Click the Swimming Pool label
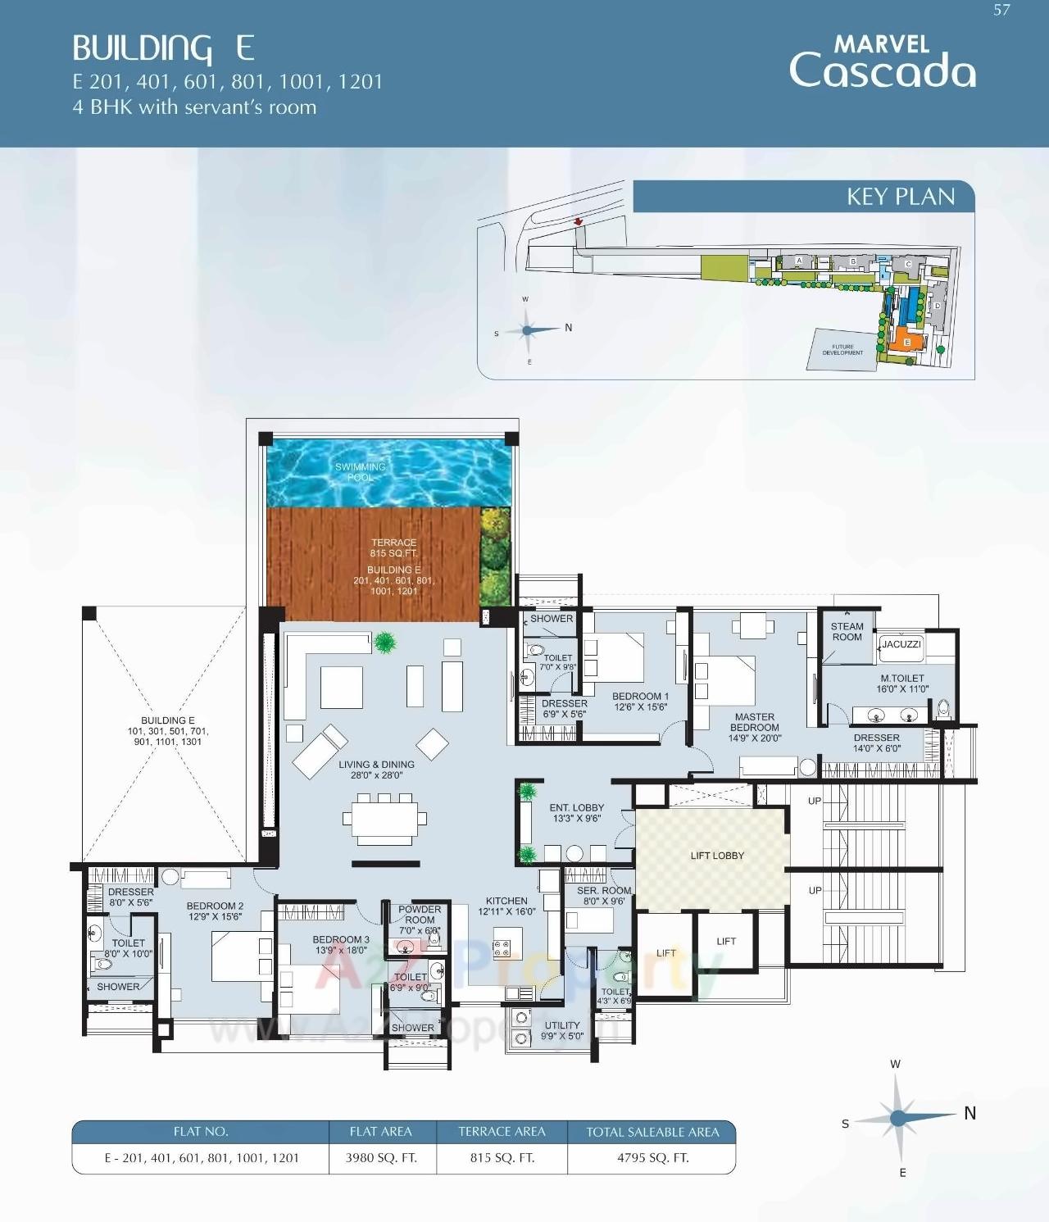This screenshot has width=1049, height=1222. (360, 471)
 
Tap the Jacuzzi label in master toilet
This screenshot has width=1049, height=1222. (901, 644)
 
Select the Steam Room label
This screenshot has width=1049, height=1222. (847, 631)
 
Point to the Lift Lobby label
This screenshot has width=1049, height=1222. (717, 856)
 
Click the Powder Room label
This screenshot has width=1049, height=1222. (420, 915)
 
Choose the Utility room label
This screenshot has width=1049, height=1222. (562, 1025)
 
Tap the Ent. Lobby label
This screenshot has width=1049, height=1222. (576, 807)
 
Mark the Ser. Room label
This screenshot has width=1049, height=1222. (604, 890)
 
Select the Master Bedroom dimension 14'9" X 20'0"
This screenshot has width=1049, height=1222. (755, 738)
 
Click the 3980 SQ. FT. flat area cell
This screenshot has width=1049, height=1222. (381, 1158)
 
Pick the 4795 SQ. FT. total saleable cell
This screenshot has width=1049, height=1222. (652, 1158)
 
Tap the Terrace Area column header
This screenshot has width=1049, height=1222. (502, 1132)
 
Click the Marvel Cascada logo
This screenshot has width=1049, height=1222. (882, 62)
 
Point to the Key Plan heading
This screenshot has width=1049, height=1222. (900, 197)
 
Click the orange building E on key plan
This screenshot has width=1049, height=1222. (906, 340)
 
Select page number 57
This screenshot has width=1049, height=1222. (1001, 11)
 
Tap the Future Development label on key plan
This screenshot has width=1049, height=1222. (842, 350)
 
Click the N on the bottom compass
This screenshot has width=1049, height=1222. (970, 1113)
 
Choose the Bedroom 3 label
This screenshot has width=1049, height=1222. (340, 939)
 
